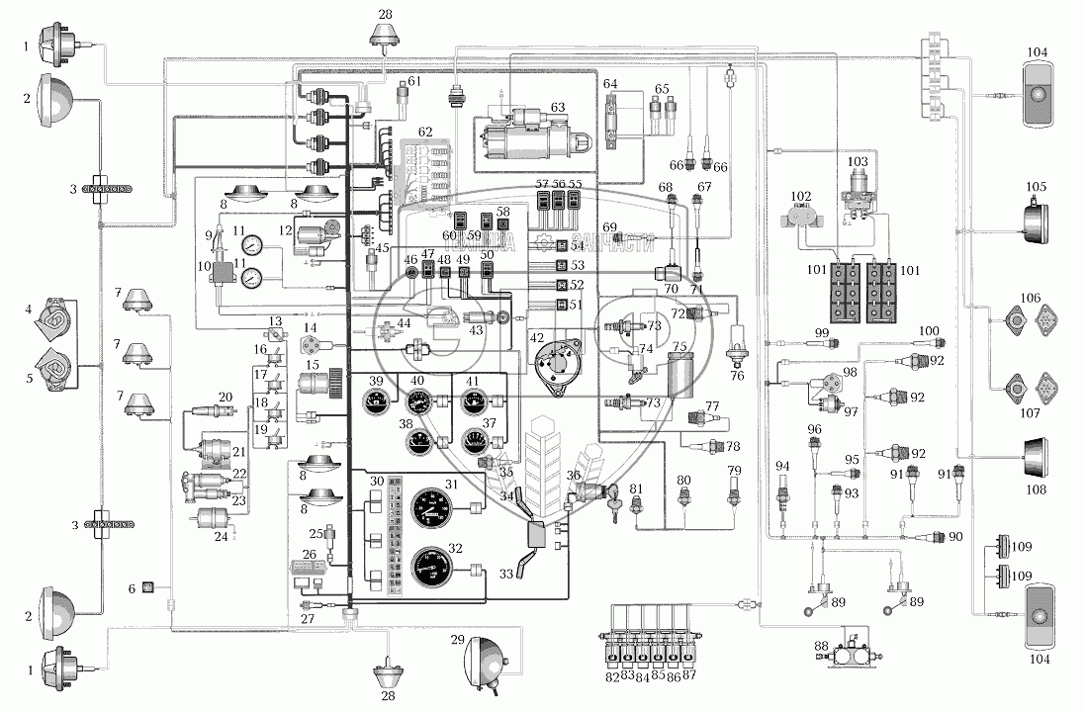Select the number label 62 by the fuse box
(x=425, y=131)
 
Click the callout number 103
(x=857, y=158)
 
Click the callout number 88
(x=820, y=647)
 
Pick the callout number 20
(x=225, y=396)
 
